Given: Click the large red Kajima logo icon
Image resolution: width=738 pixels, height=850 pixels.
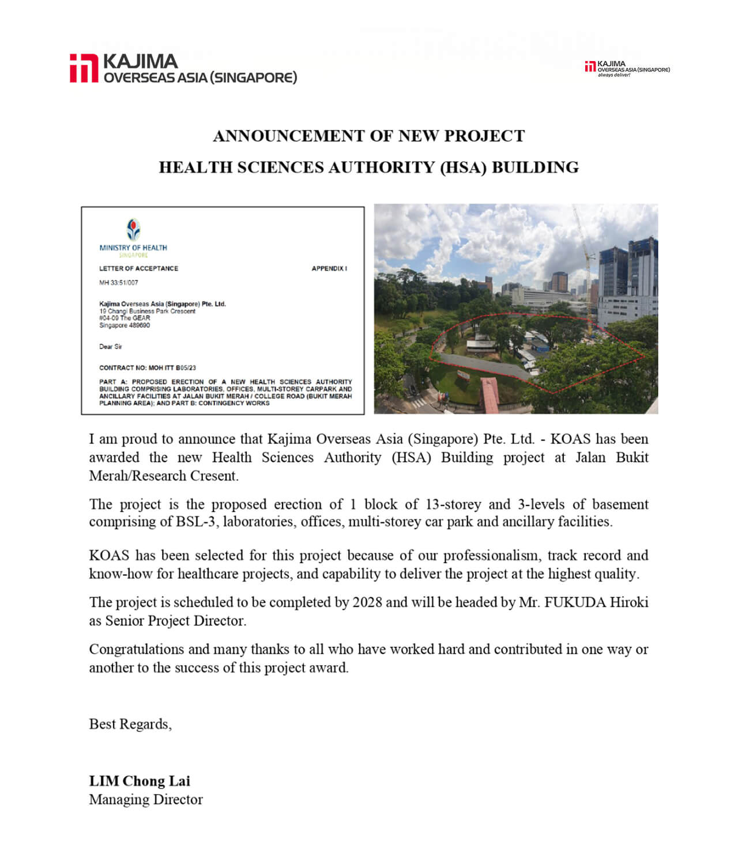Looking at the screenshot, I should (84, 69).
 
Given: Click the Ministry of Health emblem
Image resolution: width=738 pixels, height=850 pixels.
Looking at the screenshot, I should (133, 230).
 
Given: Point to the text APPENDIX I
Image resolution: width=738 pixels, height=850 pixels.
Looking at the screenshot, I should (329, 268).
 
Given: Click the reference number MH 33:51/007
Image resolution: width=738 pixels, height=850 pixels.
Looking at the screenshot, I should (119, 283).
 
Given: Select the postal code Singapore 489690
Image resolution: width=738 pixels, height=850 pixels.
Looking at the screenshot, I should (125, 325).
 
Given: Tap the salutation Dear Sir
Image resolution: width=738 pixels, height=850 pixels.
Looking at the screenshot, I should (111, 347).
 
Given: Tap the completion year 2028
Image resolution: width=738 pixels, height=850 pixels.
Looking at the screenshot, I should (367, 602).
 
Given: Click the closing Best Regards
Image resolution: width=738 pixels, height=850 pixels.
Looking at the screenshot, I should (130, 724).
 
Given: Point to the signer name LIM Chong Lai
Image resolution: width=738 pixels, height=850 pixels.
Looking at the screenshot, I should (140, 781).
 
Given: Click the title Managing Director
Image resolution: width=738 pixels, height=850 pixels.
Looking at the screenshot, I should (146, 799).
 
